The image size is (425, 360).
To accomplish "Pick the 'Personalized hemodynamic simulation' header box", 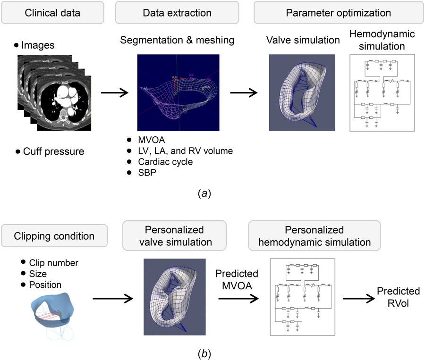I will click(x=308, y=235).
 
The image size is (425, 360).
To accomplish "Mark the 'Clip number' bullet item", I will click(x=53, y=263).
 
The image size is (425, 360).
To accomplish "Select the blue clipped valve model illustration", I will click(x=52, y=309).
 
